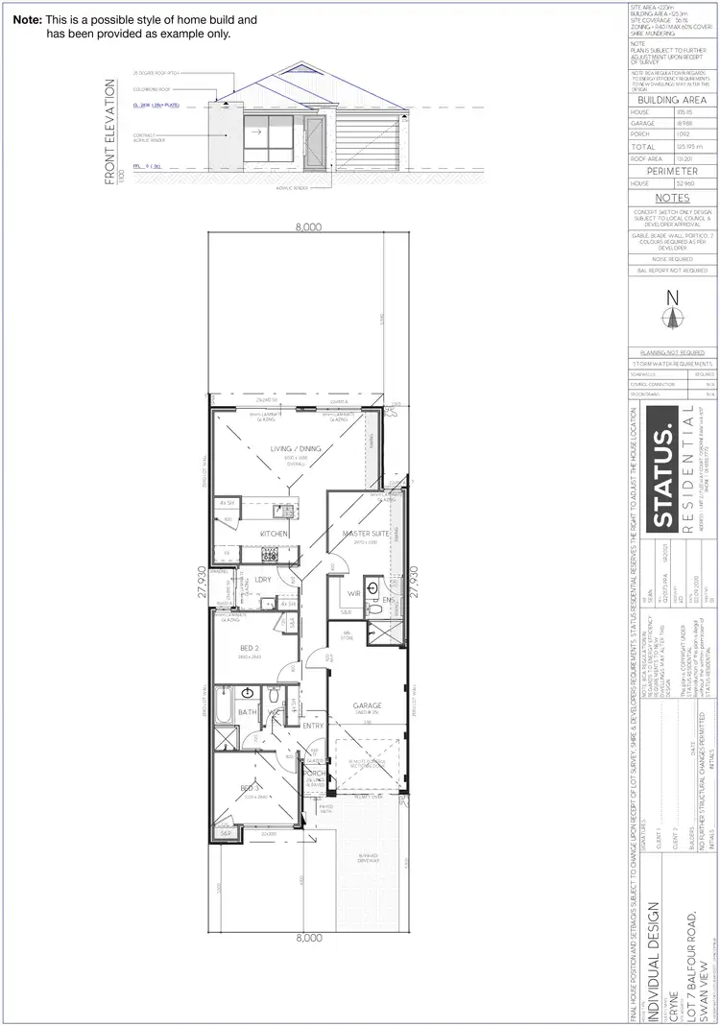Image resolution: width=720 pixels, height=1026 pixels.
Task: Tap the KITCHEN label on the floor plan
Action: pyautogui.click(x=275, y=533)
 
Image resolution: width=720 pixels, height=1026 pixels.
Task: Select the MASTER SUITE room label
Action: pyautogui.click(x=362, y=533)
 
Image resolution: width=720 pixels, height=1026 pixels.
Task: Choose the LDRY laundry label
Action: pyautogui.click(x=260, y=580)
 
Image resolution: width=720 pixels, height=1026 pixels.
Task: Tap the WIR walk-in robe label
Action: pyautogui.click(x=353, y=594)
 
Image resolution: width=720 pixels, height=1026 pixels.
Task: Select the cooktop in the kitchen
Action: pyautogui.click(x=271, y=556)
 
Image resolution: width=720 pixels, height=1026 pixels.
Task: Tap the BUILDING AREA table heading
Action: pyautogui.click(x=672, y=100)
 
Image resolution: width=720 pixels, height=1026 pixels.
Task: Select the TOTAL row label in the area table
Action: pyautogui.click(x=640, y=146)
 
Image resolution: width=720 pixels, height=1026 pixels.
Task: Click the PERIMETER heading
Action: pyautogui.click(x=672, y=170)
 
